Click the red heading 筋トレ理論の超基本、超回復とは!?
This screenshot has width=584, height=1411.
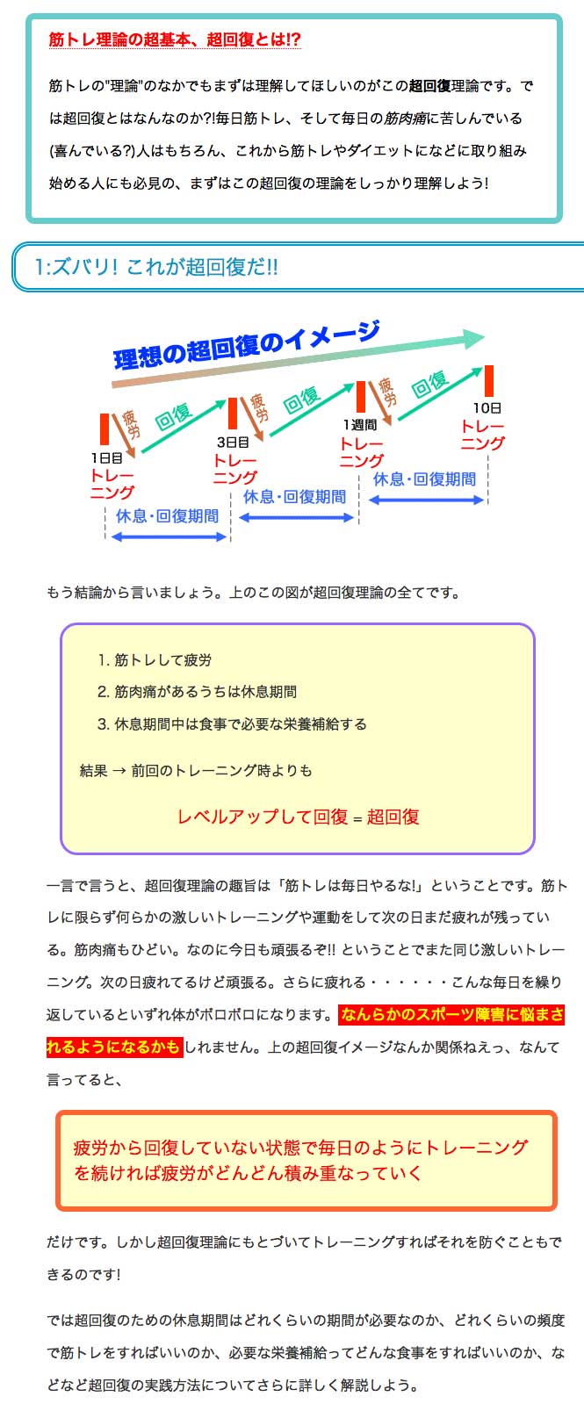point(175,40)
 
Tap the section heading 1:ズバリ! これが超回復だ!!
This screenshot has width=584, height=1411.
point(155,267)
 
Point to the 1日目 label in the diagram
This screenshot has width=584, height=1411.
point(106,458)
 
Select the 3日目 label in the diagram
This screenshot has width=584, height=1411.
point(233,443)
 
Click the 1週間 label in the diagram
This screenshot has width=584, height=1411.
point(360,425)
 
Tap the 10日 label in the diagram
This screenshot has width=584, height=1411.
point(487,408)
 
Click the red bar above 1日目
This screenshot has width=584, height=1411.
point(105,429)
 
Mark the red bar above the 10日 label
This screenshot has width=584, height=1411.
point(489,380)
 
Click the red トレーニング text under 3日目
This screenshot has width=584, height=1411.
point(235,469)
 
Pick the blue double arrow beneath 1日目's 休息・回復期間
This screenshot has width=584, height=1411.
point(169,537)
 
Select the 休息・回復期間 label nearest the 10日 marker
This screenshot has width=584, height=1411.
point(425,479)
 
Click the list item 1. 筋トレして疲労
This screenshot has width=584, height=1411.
point(155,660)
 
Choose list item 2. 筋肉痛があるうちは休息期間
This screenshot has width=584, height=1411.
point(197,692)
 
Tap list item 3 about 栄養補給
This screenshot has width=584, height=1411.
point(232,723)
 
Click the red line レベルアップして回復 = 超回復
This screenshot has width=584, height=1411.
point(298,817)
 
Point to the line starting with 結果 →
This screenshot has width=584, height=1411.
point(196,770)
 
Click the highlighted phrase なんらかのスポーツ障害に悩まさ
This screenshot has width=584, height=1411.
point(451,1015)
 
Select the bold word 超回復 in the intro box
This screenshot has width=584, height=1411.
point(430,86)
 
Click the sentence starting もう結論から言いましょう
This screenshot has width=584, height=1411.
point(253,593)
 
